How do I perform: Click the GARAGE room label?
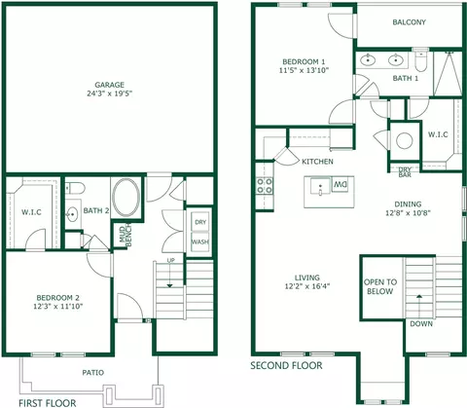[109, 85]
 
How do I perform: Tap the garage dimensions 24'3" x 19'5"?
[110, 93]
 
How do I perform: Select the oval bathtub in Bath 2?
[126, 198]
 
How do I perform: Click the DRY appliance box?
[200, 222]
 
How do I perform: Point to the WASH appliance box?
[200, 242]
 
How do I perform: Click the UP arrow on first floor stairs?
[170, 274]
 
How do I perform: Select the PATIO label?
[93, 373]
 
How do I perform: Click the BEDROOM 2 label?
[58, 298]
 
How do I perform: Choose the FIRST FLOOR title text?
[48, 403]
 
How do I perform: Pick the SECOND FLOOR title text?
[286, 366]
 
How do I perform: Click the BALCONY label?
[409, 22]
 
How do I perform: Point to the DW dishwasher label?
[340, 184]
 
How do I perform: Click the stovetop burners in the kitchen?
[265, 186]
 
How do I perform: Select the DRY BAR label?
[405, 172]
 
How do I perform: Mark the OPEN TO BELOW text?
[380, 286]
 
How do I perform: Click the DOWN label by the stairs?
[421, 323]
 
